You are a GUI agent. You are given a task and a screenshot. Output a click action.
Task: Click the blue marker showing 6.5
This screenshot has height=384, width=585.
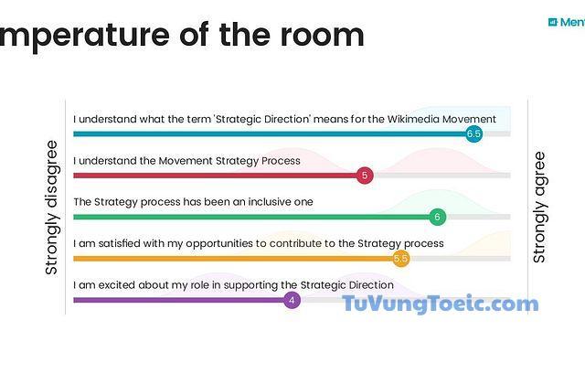(x=473, y=133)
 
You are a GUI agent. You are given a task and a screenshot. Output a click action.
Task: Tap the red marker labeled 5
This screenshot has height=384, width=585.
(x=365, y=176)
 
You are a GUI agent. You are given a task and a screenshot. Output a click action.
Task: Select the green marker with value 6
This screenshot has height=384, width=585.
(x=438, y=217)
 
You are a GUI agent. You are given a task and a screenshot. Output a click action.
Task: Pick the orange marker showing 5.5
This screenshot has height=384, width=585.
(x=400, y=259)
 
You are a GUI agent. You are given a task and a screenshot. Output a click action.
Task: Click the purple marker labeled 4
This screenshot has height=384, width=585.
(x=292, y=300)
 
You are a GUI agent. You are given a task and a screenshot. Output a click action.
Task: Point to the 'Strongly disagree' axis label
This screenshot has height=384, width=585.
(x=52, y=208)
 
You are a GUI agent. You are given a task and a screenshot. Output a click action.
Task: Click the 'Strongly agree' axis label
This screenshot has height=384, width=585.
(x=539, y=208)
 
